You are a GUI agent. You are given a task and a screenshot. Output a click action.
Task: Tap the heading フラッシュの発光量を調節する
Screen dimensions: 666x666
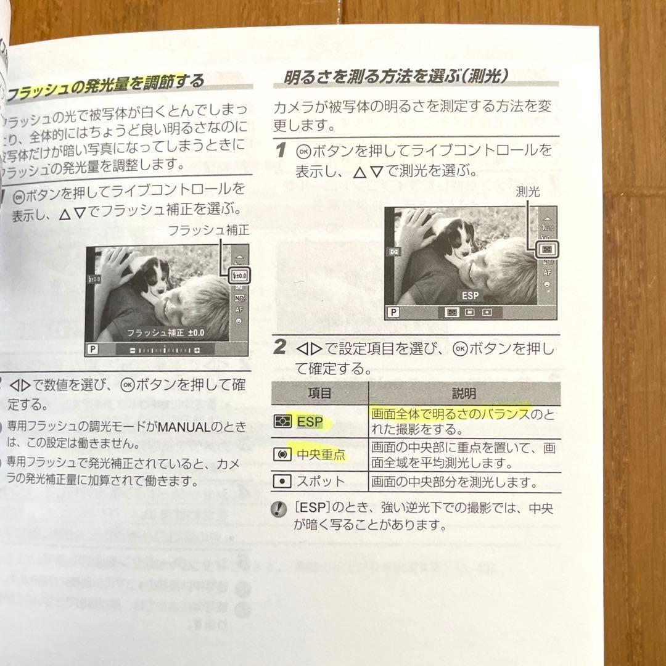pos(105,88)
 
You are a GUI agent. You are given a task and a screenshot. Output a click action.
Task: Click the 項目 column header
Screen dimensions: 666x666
pos(320,393)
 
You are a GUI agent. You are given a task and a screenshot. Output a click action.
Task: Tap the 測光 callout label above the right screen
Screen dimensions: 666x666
pos(527,192)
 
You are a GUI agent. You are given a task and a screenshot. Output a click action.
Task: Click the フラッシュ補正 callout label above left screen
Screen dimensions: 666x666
pos(208,231)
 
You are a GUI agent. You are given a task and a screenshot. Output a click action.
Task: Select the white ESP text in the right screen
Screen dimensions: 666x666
pos(470,296)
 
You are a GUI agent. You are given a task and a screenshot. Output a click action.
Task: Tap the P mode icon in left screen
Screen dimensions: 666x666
pos(93,349)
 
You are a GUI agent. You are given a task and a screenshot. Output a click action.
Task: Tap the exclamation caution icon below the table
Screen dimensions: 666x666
pos(281,510)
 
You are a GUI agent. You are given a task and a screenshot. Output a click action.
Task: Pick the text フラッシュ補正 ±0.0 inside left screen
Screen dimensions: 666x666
pos(165,333)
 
